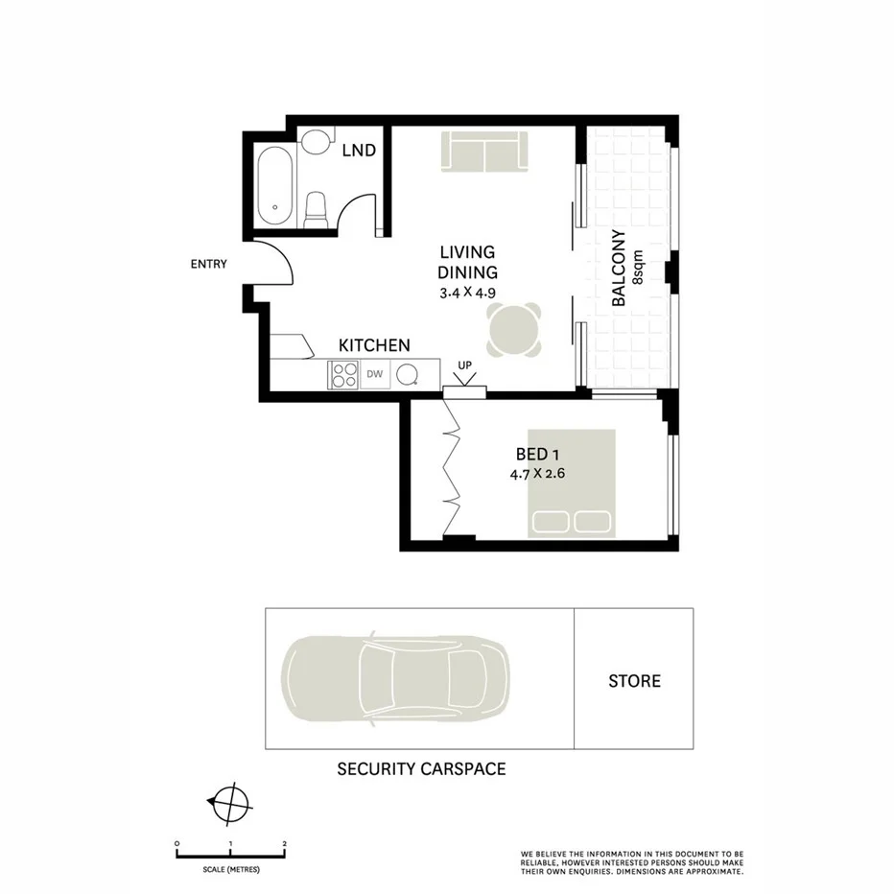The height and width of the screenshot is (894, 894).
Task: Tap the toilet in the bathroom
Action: (x=316, y=209)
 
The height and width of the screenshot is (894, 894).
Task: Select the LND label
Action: (x=358, y=151)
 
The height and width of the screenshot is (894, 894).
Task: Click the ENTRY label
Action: (x=209, y=264)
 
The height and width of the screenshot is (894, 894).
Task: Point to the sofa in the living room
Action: (x=484, y=153)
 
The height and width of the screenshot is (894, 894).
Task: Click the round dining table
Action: (x=514, y=329)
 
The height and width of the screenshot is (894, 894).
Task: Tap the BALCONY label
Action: (x=619, y=269)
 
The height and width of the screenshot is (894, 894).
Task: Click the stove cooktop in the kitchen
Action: (x=343, y=375)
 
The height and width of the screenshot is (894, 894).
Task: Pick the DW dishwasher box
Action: (x=375, y=375)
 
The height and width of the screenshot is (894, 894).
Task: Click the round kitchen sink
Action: (x=410, y=375)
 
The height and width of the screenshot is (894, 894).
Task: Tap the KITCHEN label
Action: (x=374, y=345)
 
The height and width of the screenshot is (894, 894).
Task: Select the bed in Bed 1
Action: (x=571, y=482)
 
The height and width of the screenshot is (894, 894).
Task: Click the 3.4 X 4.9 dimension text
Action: (x=468, y=294)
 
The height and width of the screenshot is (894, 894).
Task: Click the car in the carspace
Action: (x=394, y=679)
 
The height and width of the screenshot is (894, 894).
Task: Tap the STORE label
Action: (x=634, y=681)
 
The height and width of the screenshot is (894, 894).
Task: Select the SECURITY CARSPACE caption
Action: (x=421, y=768)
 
